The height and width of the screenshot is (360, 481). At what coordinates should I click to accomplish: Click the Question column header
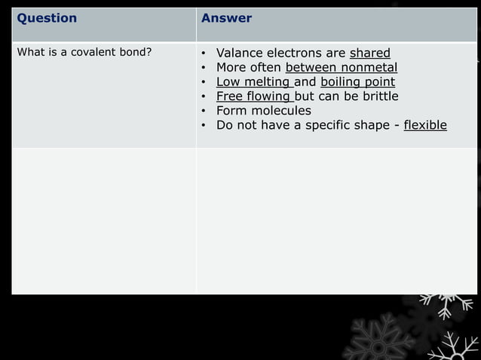coord(47,19)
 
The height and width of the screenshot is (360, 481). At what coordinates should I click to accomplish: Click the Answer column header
coord(226,19)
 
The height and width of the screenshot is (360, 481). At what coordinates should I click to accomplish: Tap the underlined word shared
coord(369,53)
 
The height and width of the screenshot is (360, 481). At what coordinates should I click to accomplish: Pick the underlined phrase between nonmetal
coord(341,68)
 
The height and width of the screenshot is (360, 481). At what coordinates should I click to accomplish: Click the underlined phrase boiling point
coord(357,82)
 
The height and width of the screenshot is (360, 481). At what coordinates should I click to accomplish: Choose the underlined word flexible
coord(425,125)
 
